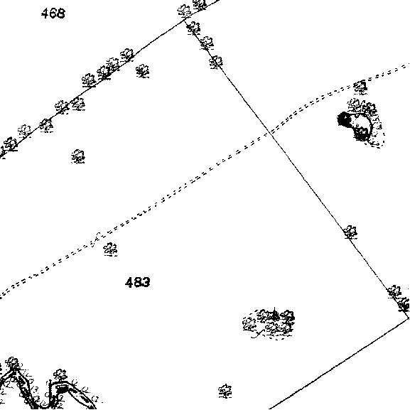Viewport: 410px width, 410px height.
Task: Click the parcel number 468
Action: point(53,14)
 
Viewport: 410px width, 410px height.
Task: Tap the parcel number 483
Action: point(138,282)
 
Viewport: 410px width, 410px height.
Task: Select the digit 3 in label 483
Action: point(146,282)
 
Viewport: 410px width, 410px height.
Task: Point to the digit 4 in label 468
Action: point(45,14)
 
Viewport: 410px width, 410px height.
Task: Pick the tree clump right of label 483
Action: point(269,324)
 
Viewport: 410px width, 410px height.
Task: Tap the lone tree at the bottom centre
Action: point(225,392)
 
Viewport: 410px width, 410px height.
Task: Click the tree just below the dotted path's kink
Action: point(110,249)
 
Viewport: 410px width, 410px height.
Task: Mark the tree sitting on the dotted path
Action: point(360,87)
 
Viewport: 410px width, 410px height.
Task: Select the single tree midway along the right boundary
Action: point(350,232)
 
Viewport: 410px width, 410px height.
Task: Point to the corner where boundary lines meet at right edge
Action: point(408,318)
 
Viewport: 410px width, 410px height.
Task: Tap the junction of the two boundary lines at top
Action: point(185,19)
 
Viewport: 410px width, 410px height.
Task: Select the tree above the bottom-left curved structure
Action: point(60,376)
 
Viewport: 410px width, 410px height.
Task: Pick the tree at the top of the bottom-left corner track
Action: point(13,364)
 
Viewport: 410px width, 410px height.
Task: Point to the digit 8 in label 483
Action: point(138,282)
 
